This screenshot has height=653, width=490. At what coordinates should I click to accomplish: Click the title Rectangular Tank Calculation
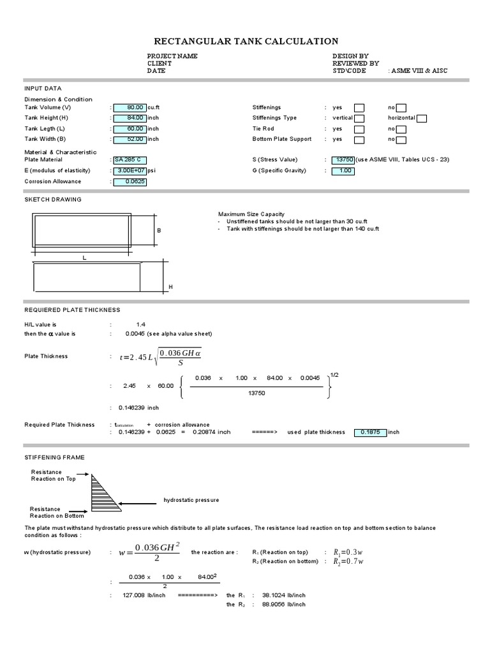pos(246,41)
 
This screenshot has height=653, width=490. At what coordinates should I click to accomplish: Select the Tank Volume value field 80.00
pos(130,108)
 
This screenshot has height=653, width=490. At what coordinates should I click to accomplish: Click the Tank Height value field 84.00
pos(130,118)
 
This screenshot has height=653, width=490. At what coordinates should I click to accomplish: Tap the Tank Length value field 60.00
pos(130,128)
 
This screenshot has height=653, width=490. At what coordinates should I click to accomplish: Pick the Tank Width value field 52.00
pos(130,139)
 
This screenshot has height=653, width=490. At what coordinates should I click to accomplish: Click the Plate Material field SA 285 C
pos(130,159)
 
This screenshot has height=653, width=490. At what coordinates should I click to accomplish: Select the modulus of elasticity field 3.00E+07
pos(130,170)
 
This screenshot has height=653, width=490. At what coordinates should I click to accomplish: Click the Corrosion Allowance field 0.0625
pos(130,181)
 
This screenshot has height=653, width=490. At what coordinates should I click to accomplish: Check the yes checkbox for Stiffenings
pos(359,108)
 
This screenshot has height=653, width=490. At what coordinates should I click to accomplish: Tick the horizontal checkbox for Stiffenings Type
pos(422,118)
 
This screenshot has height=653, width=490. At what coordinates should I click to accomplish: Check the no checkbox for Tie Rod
pos(401,129)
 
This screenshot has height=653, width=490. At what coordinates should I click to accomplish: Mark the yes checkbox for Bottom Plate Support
pos(359,139)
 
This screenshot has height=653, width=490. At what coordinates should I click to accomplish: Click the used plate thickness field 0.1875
pos(370,432)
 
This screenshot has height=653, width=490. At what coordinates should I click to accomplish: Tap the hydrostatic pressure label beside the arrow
pos(191,500)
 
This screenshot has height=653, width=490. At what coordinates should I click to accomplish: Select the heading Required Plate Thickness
pos(72,310)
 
